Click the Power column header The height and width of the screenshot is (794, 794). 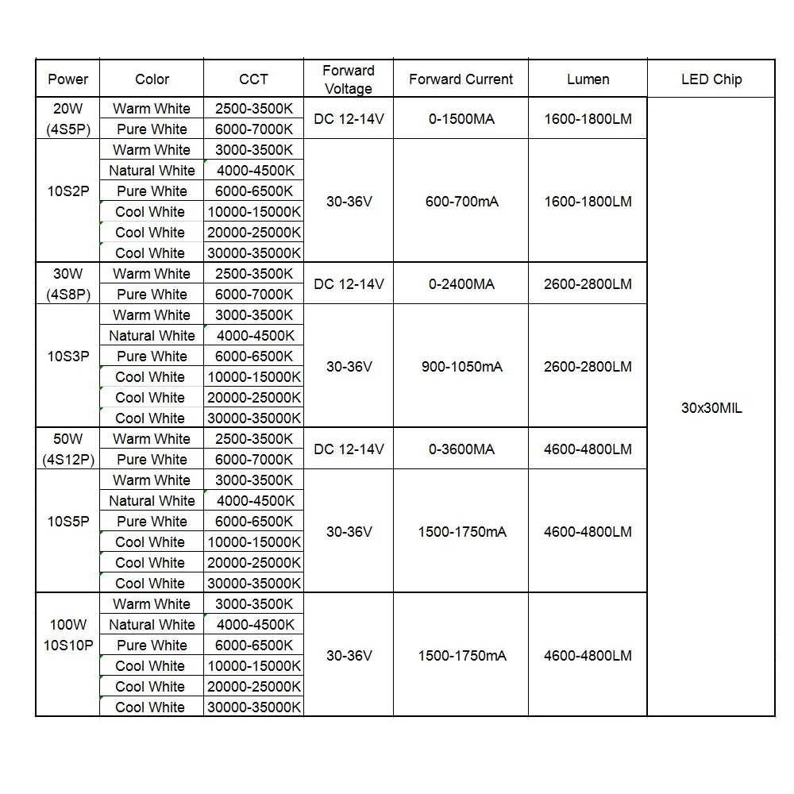point(68,79)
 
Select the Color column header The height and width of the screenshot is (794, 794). point(152,79)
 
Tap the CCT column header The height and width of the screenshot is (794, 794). point(253,79)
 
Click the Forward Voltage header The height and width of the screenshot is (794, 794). point(349,79)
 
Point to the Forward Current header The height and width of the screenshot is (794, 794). point(461,79)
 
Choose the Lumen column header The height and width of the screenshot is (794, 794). point(588,79)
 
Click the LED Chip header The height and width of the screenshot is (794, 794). point(711,79)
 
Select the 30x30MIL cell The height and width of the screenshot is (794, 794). point(711,408)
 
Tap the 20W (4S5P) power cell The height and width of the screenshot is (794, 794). point(68,119)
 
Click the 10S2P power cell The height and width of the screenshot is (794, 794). point(68,191)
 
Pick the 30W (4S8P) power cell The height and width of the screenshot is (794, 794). point(68,284)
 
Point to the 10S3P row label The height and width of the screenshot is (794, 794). point(68,357)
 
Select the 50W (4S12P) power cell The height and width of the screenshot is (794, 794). point(68,449)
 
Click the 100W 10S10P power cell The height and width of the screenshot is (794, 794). point(68,635)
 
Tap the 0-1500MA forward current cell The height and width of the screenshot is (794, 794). point(461,119)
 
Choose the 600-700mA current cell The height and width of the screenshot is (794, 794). point(461,202)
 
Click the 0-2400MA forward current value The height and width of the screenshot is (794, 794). point(461,284)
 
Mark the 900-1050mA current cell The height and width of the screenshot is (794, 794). point(461,367)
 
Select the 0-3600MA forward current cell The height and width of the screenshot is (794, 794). point(461,449)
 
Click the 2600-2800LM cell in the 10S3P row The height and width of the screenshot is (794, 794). point(588,367)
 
